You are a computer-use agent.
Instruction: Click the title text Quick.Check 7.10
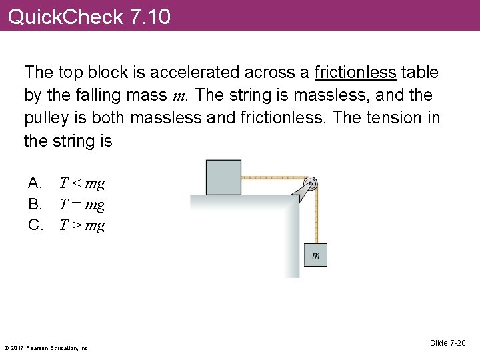click(x=89, y=16)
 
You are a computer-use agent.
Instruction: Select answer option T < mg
click(x=82, y=183)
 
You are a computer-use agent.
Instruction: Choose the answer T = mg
click(x=82, y=205)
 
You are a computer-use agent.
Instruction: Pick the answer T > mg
click(x=82, y=225)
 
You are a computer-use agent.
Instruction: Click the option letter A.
click(x=35, y=183)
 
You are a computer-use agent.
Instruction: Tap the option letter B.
click(x=35, y=205)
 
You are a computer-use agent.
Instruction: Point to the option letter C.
click(x=35, y=225)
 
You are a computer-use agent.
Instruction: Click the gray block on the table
click(x=223, y=177)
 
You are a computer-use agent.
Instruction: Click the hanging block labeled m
click(x=315, y=255)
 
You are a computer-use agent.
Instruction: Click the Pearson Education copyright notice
click(x=47, y=347)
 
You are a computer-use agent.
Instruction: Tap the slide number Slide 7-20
click(x=448, y=343)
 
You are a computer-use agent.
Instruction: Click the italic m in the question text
click(x=179, y=96)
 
